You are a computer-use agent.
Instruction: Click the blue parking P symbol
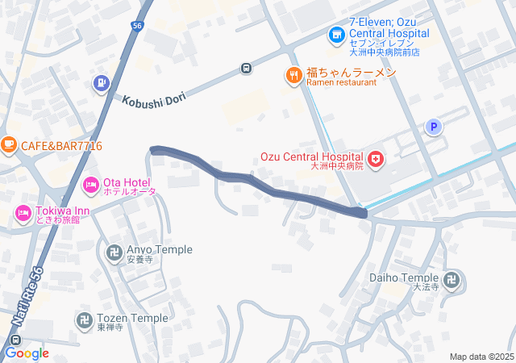pyautogui.click(x=434, y=127)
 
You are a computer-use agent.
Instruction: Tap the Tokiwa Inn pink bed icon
pyautogui.click(x=23, y=215)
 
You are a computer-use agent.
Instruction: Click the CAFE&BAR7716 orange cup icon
pyautogui.click(x=9, y=146)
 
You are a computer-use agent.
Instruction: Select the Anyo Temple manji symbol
pyautogui.click(x=114, y=253)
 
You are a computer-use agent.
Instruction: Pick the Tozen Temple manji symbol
pyautogui.click(x=84, y=321)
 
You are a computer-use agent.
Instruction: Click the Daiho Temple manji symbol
pyautogui.click(x=454, y=281)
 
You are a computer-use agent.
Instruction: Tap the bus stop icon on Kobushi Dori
pyautogui.click(x=246, y=69)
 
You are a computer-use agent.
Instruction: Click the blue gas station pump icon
pyautogui.click(x=101, y=81)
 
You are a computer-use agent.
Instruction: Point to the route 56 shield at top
pyautogui.click(x=138, y=27)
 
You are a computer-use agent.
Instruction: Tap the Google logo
pyautogui.click(x=27, y=353)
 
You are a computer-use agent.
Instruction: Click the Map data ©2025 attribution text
pyautogui.click(x=481, y=357)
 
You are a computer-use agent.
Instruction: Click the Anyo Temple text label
pyautogui.click(x=160, y=250)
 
